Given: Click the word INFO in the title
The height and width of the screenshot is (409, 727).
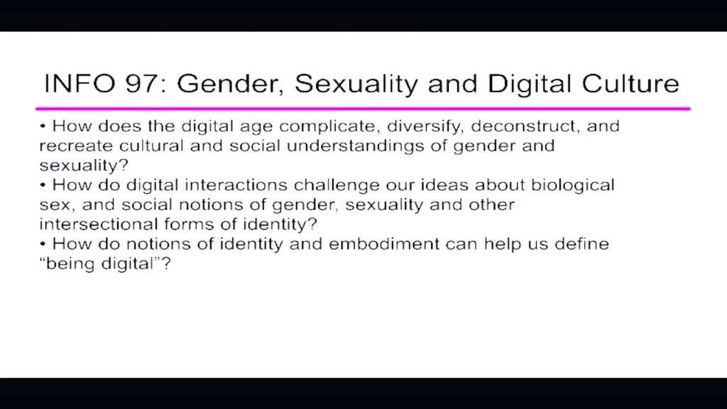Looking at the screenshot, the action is pyautogui.click(x=80, y=84).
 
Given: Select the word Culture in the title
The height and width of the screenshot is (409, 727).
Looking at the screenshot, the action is pyautogui.click(x=630, y=84).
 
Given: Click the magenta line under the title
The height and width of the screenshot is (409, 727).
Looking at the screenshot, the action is pyautogui.click(x=363, y=109).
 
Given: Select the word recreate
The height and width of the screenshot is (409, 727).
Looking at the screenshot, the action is pyautogui.click(x=76, y=146).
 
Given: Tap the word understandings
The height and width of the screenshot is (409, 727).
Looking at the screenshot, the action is pyautogui.click(x=355, y=146).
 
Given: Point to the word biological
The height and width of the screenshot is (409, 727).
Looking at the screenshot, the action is pyautogui.click(x=573, y=185).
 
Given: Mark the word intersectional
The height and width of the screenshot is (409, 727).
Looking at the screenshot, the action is pyautogui.click(x=98, y=224).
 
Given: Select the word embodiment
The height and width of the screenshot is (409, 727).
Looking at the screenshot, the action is pyautogui.click(x=384, y=244).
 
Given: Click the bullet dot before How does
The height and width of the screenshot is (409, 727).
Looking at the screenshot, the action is pyautogui.click(x=43, y=126).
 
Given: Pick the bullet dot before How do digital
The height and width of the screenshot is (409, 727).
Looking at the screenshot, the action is pyautogui.click(x=43, y=185).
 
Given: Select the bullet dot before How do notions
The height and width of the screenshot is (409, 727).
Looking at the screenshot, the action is pyautogui.click(x=43, y=244).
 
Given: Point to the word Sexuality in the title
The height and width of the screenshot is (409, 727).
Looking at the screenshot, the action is pyautogui.click(x=356, y=84).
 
